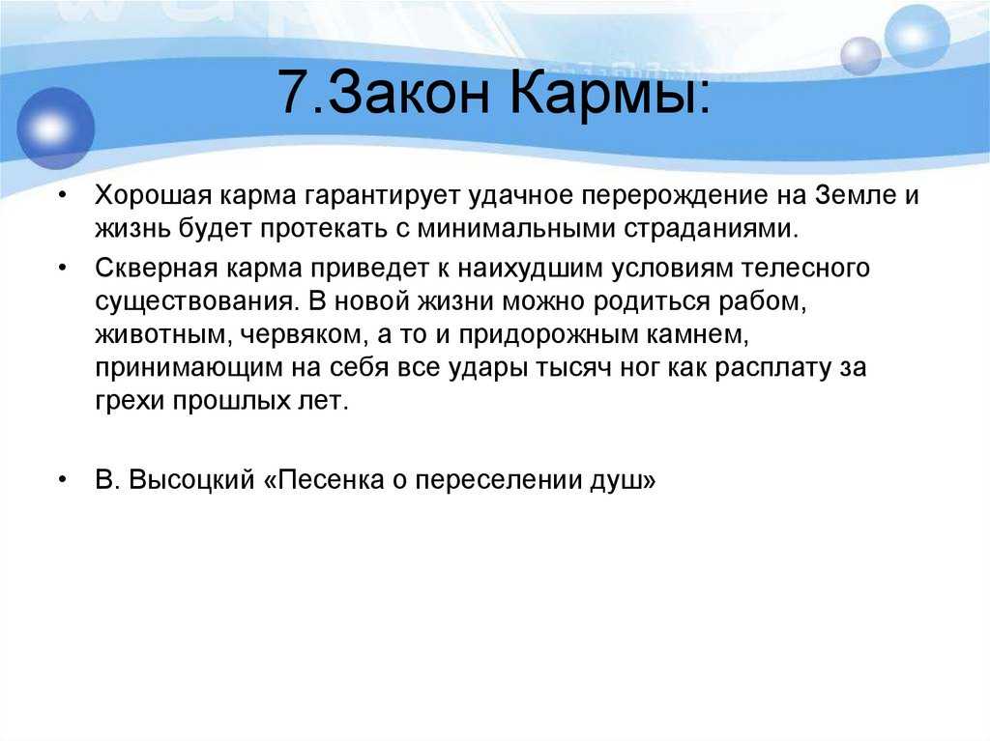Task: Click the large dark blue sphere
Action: click(x=55, y=128)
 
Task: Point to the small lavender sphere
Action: click(x=860, y=56)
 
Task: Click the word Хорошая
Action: click(x=154, y=196)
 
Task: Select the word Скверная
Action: click(x=156, y=269)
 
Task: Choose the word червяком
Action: click(x=305, y=335)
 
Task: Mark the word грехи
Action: click(x=130, y=402)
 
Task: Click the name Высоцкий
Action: click(x=191, y=480)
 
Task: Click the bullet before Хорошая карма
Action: click(x=62, y=196)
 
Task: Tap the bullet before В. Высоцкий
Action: click(x=62, y=481)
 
